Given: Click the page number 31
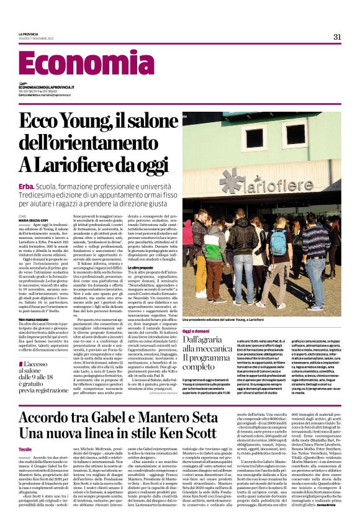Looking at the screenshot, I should [337, 37].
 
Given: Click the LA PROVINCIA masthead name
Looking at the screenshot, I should [29, 34].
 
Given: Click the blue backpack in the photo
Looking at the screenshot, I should [279, 243].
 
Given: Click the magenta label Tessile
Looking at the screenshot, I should [25, 431].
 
